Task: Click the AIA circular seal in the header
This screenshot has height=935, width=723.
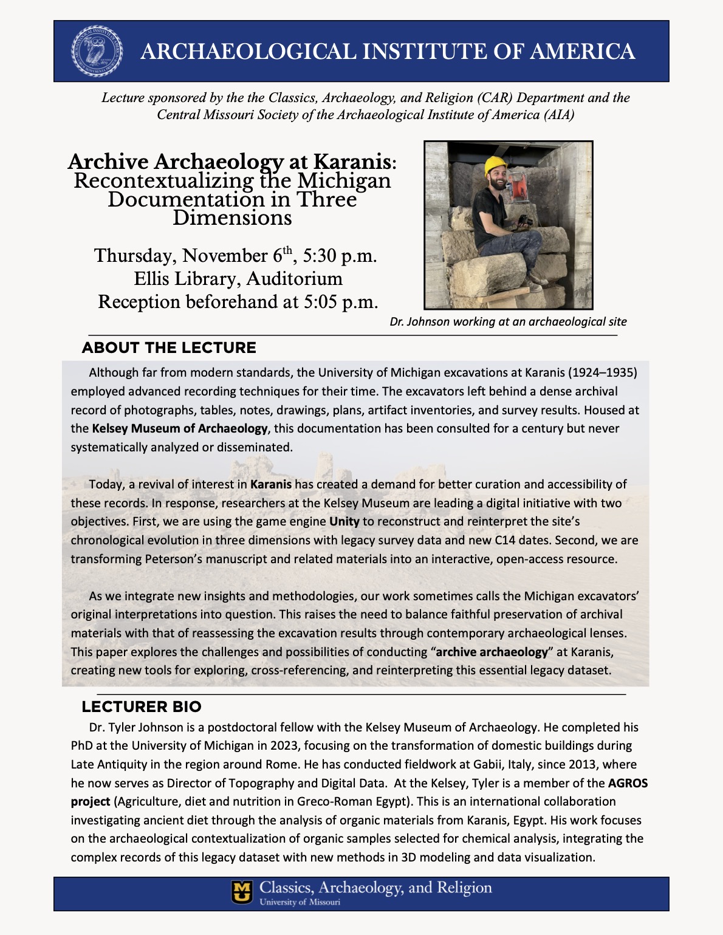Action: pyautogui.click(x=97, y=50)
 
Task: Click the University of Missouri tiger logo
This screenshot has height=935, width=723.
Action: pyautogui.click(x=242, y=892)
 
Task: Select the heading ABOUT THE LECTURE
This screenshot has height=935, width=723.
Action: pyautogui.click(x=169, y=348)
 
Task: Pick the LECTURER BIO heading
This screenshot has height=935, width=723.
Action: pyautogui.click(x=142, y=707)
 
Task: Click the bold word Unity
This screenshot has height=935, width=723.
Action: pyautogui.click(x=344, y=521)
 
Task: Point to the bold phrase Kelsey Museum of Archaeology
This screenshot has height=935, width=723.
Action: pyautogui.click(x=180, y=428)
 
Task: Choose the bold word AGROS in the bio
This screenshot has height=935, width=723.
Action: pyautogui.click(x=628, y=783)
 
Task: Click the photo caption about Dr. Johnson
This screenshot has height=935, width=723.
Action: pyautogui.click(x=508, y=321)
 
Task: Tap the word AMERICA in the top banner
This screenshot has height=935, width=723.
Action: pyautogui.click(x=582, y=52)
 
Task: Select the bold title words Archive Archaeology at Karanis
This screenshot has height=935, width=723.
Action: pyautogui.click(x=230, y=162)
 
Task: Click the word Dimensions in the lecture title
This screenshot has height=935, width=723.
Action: pyautogui.click(x=232, y=217)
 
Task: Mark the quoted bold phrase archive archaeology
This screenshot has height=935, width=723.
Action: pyautogui.click(x=492, y=652)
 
